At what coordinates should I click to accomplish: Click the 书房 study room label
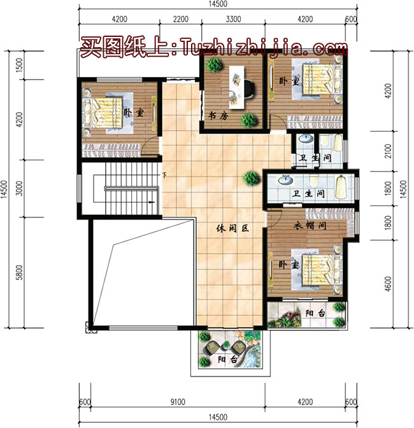pos(218,116)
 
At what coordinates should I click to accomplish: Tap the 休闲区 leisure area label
pos(232,228)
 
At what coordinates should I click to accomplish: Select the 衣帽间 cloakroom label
pos(310,226)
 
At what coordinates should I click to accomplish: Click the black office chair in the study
pos(249,88)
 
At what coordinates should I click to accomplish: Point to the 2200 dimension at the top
pos(181,19)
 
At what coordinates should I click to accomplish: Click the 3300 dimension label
pos(233,19)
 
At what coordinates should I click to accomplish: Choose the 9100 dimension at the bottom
pos(178,402)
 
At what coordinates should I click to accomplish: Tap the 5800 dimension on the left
pos(19,272)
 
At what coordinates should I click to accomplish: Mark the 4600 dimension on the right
pos(388,284)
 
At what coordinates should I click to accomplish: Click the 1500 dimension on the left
pos(19,65)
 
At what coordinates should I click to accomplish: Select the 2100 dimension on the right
pos(388,151)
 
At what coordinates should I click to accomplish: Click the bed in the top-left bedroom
pos(103,113)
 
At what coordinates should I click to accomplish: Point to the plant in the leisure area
pos(252,178)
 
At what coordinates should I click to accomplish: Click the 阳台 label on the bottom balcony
pos(227,359)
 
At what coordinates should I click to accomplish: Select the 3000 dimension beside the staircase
pos(19,188)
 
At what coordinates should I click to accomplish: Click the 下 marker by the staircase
pos(164,176)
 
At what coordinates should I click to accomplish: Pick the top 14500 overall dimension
pos(218,4)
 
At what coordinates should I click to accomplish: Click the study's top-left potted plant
pos(214,64)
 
